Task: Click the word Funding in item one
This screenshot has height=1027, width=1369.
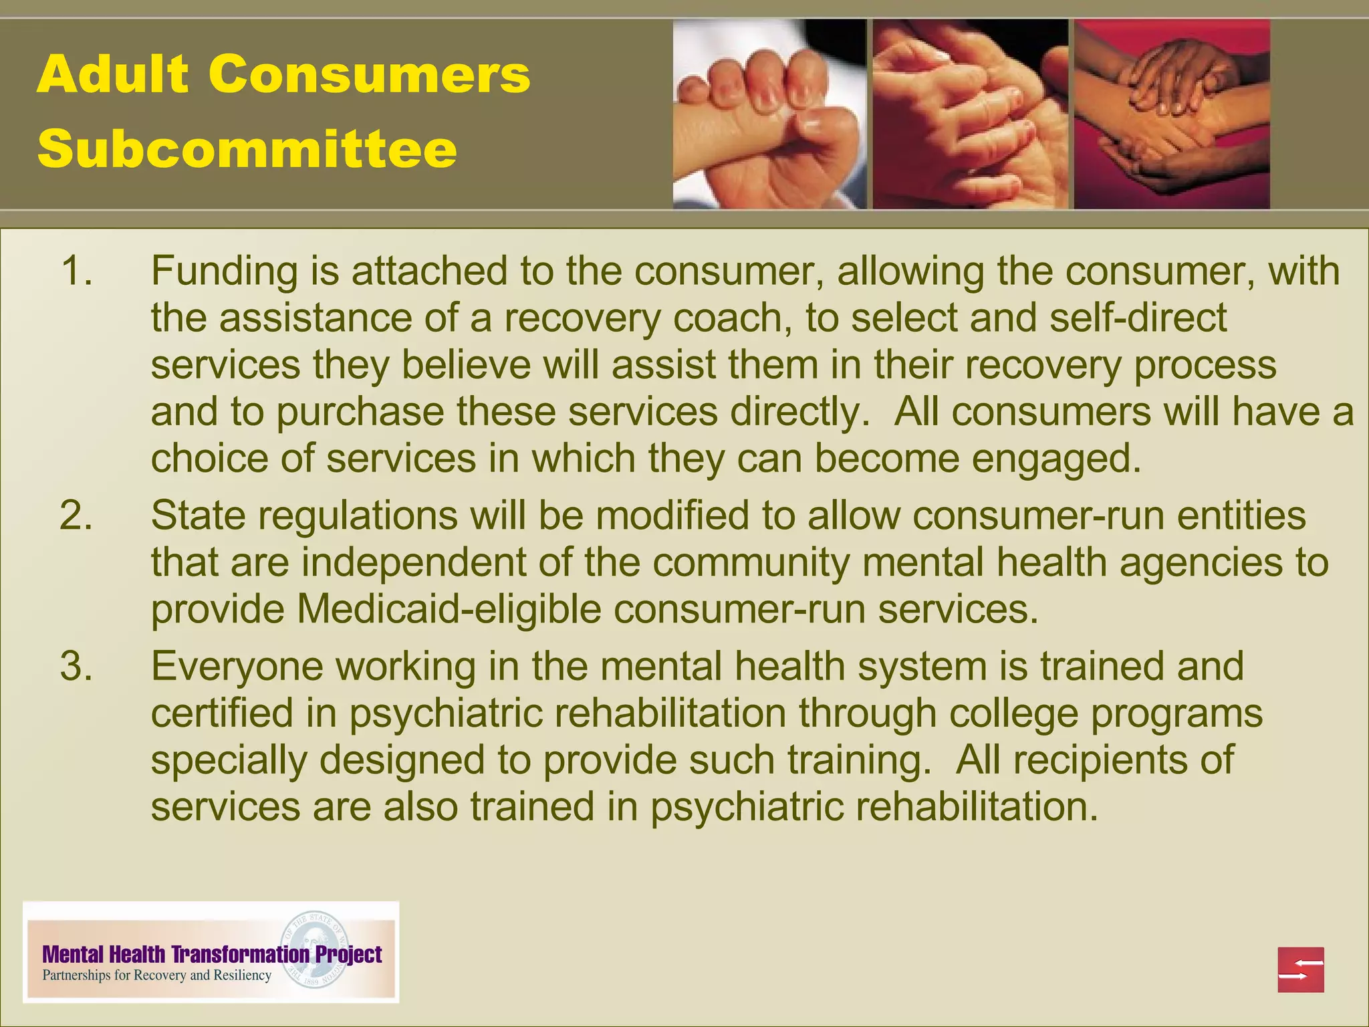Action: point(224,271)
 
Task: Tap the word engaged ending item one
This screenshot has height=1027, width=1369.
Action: point(1056,459)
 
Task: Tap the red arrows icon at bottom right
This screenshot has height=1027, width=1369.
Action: point(1300,969)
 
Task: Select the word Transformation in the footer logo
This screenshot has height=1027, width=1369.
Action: point(241,954)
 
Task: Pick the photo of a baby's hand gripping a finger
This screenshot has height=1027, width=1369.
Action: point(769,114)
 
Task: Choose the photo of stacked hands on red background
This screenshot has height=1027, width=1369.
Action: point(1171,114)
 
